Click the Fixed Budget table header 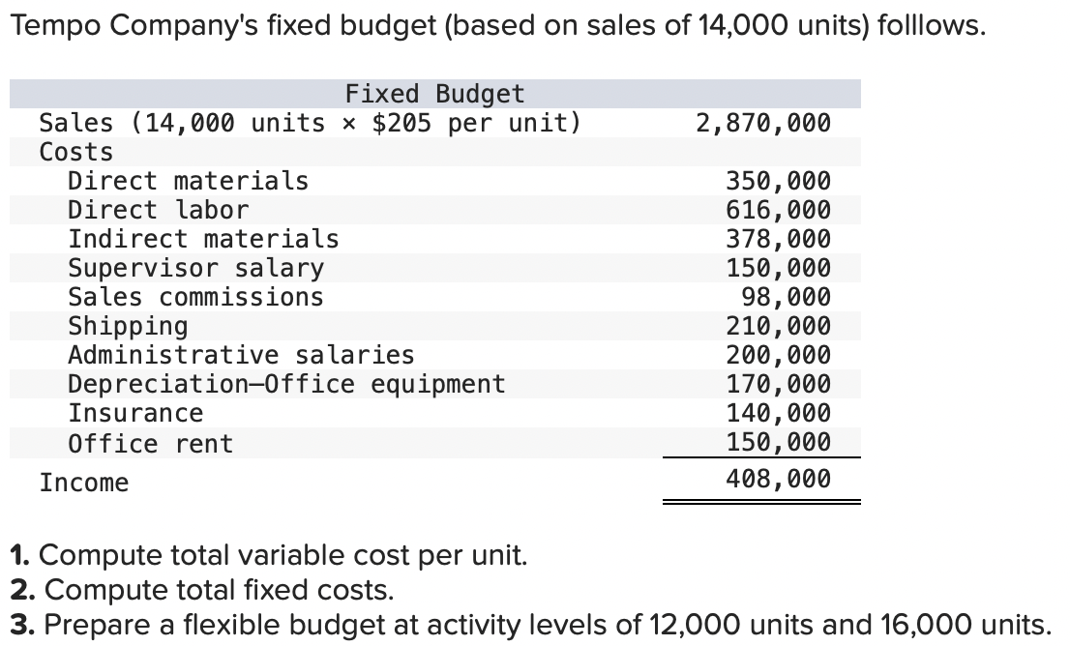click(x=434, y=94)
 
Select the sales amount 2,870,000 click(x=762, y=123)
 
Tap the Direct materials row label click(x=188, y=181)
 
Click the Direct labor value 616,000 click(x=778, y=210)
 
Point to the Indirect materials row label click(x=203, y=239)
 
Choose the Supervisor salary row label click(x=195, y=268)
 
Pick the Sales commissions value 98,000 click(x=785, y=297)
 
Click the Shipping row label click(x=128, y=326)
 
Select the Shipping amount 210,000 click(x=778, y=326)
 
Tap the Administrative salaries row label click(x=240, y=355)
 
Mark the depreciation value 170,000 click(x=778, y=384)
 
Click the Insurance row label click(x=135, y=414)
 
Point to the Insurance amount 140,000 click(x=778, y=413)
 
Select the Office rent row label click(x=150, y=444)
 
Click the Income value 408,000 click(x=778, y=479)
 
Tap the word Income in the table click(x=83, y=483)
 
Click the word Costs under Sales click(x=75, y=152)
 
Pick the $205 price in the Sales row click(x=402, y=123)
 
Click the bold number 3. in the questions click(x=21, y=624)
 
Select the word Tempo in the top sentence click(x=56, y=26)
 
